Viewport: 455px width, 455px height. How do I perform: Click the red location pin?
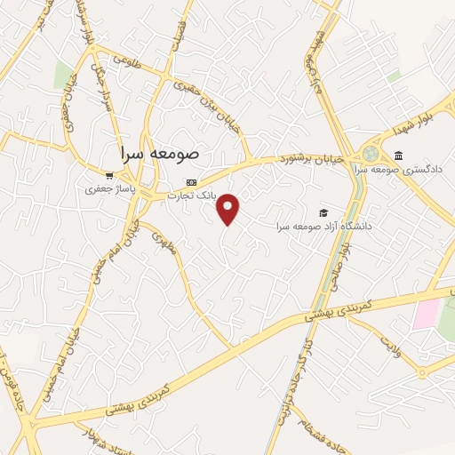(x=228, y=207)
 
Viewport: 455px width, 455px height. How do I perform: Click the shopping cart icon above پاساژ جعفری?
(x=109, y=176)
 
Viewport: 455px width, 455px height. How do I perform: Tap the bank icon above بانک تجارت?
(x=192, y=182)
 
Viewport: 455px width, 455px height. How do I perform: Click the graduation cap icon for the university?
(x=324, y=212)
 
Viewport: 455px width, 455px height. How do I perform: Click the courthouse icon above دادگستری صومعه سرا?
(x=399, y=156)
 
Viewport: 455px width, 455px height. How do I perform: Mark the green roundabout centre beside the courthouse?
(x=369, y=154)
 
